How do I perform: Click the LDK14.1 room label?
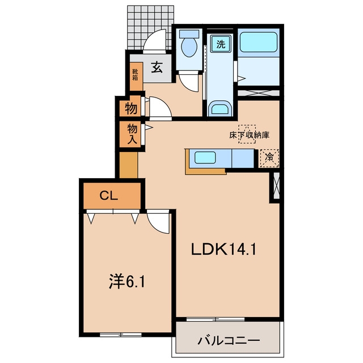(223, 250)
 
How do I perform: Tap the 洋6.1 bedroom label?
(127, 282)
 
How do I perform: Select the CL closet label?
(109, 196)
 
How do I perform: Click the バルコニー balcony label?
(229, 340)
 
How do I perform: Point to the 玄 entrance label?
(157, 67)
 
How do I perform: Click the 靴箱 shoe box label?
(135, 74)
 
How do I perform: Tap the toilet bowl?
(189, 47)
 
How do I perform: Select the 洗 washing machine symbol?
(221, 44)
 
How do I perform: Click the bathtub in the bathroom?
(259, 42)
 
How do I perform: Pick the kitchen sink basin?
(205, 158)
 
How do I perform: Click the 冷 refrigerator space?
(269, 158)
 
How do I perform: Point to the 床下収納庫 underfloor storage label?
(250, 135)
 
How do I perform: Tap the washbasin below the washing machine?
(220, 108)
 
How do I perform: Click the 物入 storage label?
(132, 134)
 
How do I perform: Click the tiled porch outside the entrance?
(150, 27)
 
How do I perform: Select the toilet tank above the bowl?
(189, 34)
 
